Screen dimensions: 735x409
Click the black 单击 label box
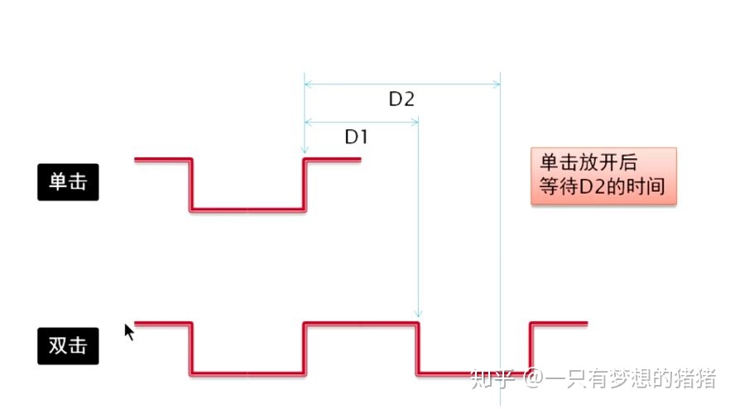click(x=68, y=182)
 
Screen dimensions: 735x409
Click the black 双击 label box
click(x=68, y=345)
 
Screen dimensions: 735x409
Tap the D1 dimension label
click(x=356, y=137)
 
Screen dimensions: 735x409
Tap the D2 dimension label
click(x=401, y=99)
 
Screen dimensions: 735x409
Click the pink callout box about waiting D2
click(x=603, y=176)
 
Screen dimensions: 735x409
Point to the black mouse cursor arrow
click(x=129, y=331)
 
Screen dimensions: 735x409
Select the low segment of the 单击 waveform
click(x=248, y=209)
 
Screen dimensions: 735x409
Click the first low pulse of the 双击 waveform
click(x=248, y=373)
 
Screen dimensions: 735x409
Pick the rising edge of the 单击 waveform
click(x=305, y=184)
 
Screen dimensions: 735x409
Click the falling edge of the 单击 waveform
click(x=191, y=184)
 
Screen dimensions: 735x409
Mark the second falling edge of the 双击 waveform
click(x=417, y=348)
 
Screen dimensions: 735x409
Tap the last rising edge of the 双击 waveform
click(x=531, y=348)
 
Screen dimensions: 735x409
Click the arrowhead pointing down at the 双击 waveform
click(x=418, y=314)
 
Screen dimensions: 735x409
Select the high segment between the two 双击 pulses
click(x=361, y=323)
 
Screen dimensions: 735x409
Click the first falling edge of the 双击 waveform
click(x=191, y=348)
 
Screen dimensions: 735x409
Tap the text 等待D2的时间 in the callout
click(x=602, y=187)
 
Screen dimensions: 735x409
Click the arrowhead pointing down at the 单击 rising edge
click(x=305, y=151)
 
